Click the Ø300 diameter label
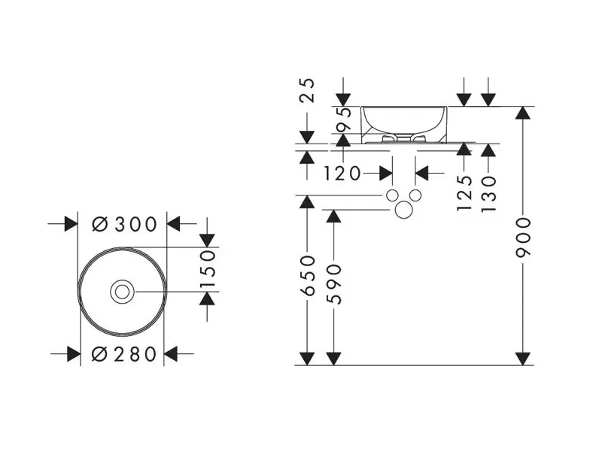coord(124,224)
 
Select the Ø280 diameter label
coord(124,354)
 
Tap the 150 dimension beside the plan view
coord(208,269)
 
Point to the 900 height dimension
coord(523,238)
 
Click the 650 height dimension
coord(307,276)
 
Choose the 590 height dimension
coord(333,284)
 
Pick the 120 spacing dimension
coord(342,174)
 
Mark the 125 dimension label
coord(464,193)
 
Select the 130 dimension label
coord(488,194)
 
